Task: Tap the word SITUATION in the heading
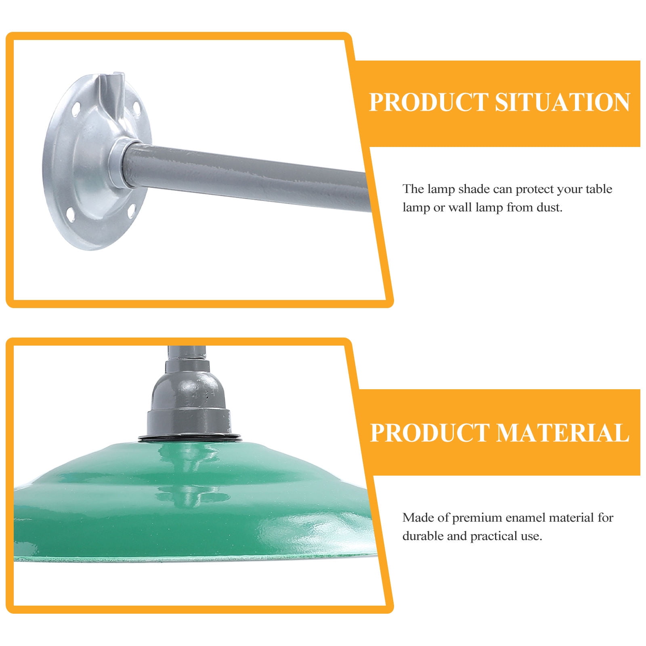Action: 562,102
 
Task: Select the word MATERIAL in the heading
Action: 562,433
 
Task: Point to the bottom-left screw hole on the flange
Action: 70,215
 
